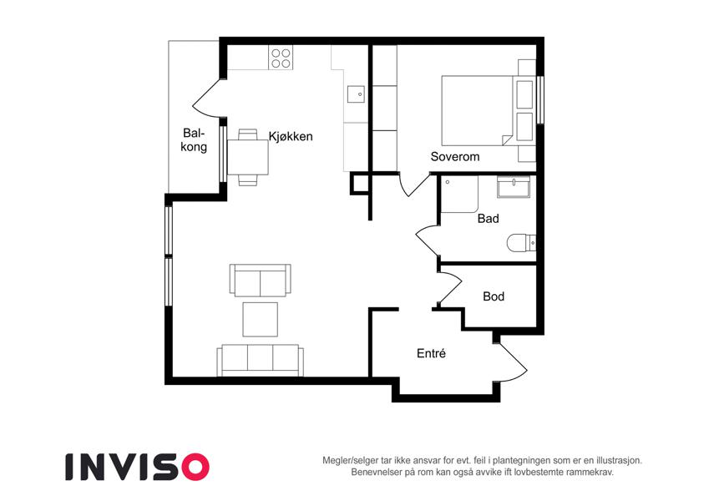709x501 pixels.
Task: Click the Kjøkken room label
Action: tap(291, 137)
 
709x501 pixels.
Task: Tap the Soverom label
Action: tap(455, 157)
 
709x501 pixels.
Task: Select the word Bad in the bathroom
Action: tap(489, 219)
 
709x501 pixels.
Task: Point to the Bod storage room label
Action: tap(494, 296)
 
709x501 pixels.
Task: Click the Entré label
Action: tap(432, 353)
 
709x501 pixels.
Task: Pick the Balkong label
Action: tap(194, 139)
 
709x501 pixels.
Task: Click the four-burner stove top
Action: tap(281, 58)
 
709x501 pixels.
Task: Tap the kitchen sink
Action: tap(356, 94)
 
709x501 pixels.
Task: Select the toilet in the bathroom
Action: tap(521, 243)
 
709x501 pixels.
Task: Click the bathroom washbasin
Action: tap(514, 187)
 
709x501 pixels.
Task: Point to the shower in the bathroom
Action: tap(459, 195)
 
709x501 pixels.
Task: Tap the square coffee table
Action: tap(260, 320)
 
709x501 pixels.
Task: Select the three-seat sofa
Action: tap(260, 361)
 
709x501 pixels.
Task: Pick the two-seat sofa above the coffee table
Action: tap(260, 281)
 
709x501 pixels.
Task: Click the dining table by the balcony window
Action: tap(248, 157)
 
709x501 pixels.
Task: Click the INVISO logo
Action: tap(138, 467)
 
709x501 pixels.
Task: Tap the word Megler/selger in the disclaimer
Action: tap(350, 461)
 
